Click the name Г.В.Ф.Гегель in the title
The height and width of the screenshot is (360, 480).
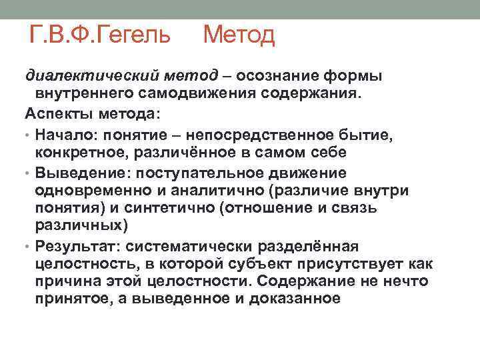[101, 33]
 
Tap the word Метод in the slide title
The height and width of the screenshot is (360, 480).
[239, 33]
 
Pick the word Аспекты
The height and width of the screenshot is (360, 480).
[54, 111]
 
